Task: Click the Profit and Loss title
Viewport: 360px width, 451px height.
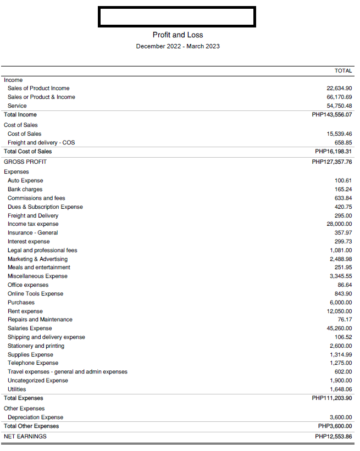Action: pos(178,35)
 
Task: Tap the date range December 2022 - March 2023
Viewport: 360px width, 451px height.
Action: pos(178,46)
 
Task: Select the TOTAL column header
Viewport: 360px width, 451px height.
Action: pos(343,71)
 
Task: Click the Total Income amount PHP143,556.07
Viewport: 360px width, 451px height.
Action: pos(332,115)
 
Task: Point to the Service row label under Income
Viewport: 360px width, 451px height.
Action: pos(17,106)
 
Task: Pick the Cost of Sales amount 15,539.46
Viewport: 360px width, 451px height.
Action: pos(339,134)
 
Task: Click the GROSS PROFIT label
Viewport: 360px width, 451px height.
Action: pos(25,162)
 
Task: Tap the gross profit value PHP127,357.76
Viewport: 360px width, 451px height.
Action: pos(332,162)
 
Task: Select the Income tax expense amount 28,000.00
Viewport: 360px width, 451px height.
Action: pos(339,224)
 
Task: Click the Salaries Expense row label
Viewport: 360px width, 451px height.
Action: pos(30,328)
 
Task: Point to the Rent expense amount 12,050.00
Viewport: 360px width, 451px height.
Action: pos(339,311)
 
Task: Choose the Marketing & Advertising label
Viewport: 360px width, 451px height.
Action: pos(37,259)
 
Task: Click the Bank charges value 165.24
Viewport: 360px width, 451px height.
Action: pos(343,190)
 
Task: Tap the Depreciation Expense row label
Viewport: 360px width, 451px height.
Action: pos(35,417)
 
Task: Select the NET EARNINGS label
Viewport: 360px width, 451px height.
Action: pos(25,437)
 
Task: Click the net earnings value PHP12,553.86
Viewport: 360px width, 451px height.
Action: pos(334,437)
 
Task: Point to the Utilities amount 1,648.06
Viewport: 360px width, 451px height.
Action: pos(341,389)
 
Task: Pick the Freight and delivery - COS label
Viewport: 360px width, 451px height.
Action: pos(41,143)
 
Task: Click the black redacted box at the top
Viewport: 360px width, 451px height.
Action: pos(176,17)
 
